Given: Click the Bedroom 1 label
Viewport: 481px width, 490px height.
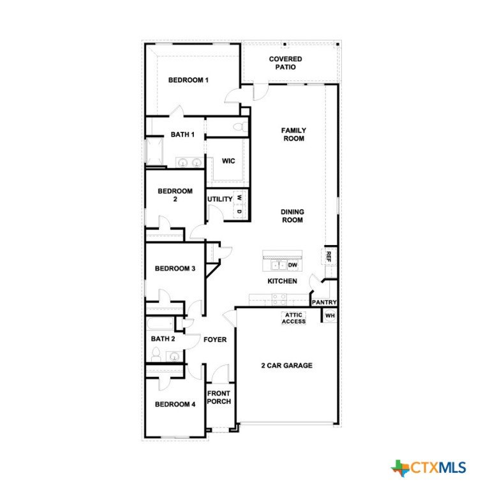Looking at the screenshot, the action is click(188, 80).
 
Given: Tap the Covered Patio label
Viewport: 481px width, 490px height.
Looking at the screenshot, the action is click(285, 63).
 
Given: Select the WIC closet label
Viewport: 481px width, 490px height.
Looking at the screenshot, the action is click(228, 161).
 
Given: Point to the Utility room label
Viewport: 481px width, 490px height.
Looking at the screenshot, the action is click(220, 199).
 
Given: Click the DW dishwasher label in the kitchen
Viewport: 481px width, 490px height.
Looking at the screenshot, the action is click(293, 265).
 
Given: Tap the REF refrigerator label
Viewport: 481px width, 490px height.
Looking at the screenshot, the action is click(329, 256).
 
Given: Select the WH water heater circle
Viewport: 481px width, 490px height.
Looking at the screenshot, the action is click(330, 316).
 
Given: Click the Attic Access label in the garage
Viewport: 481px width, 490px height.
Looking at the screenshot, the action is click(294, 318).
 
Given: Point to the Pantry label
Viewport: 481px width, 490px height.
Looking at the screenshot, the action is click(324, 302).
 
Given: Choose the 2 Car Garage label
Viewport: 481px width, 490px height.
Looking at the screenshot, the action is click(286, 366).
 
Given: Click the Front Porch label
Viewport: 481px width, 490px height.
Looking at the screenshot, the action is click(219, 397).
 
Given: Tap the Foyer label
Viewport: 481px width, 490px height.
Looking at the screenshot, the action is click(215, 339).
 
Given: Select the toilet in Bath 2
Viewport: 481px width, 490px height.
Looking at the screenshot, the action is click(156, 355).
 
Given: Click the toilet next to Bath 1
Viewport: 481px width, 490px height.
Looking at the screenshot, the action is click(240, 127).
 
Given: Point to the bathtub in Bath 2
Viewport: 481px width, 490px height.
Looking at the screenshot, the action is click(160, 324).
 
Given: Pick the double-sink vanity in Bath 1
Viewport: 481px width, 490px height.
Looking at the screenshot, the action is click(189, 163).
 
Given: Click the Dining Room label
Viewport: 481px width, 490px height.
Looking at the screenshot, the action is click(292, 216).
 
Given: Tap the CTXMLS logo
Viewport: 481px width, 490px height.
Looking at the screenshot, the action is click(429, 468).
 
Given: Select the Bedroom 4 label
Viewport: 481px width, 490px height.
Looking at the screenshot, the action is click(175, 405).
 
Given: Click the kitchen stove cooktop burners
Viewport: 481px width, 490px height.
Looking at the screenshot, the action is click(279, 299).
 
